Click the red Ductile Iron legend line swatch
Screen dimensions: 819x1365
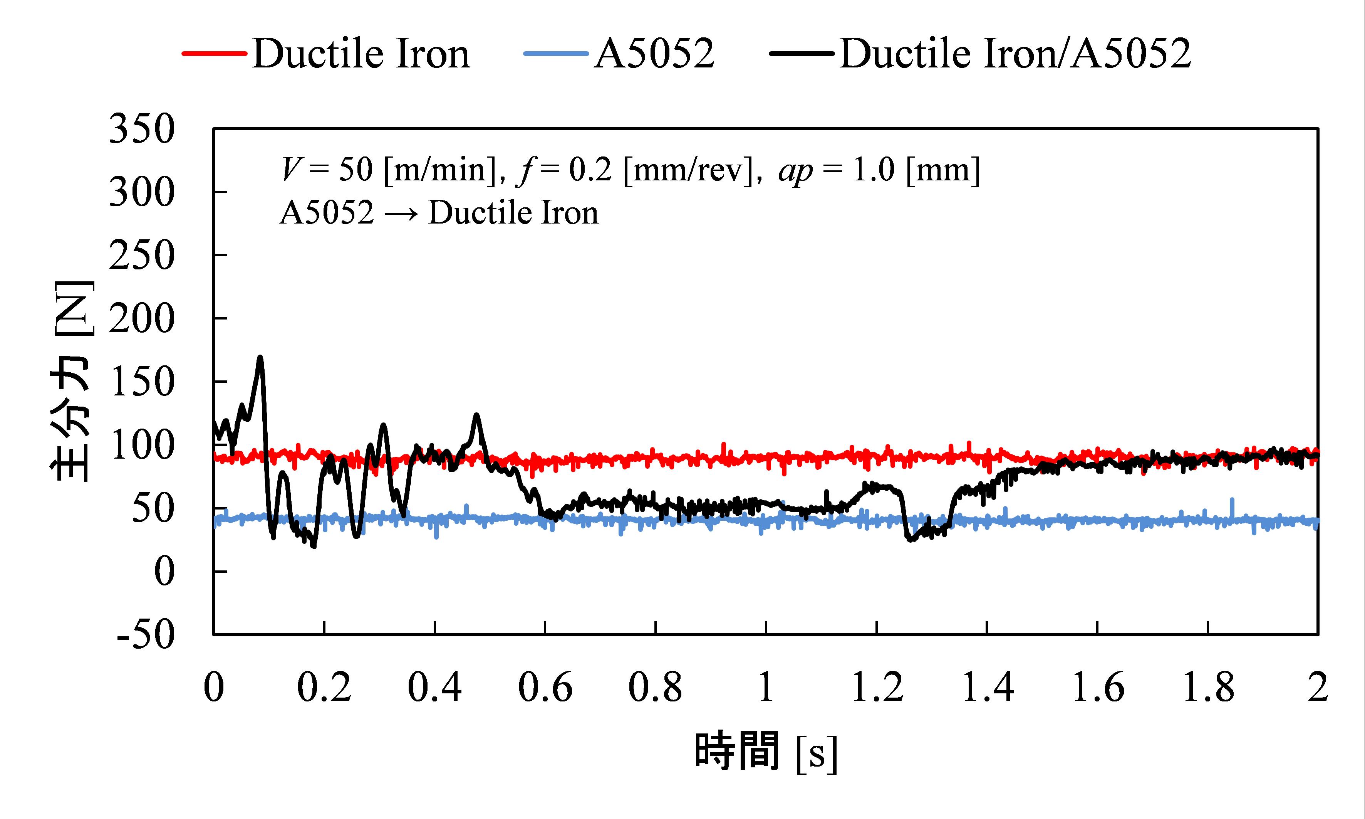(214, 54)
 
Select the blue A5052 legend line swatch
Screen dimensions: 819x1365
(556, 54)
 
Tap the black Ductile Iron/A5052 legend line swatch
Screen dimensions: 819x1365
(802, 54)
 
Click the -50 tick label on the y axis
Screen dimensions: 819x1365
(146, 635)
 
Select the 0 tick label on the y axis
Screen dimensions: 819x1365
(164, 571)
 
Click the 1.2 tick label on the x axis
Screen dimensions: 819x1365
(877, 688)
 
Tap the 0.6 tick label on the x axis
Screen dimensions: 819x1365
(545, 688)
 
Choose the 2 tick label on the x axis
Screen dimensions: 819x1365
(1318, 688)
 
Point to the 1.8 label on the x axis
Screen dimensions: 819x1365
(1208, 688)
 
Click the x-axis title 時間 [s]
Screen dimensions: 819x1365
(766, 752)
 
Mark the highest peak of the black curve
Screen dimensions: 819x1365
(260, 358)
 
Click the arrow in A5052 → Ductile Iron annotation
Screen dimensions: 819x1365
(401, 214)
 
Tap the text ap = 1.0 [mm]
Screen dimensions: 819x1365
(879, 170)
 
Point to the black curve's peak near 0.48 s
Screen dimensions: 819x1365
(476, 415)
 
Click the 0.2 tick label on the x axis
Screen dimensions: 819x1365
(324, 688)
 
